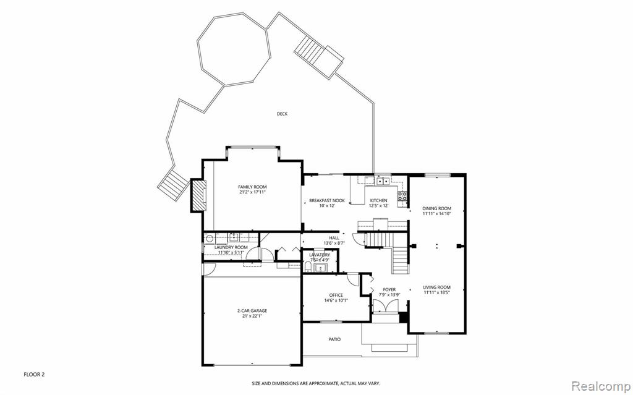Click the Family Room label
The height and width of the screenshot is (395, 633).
click(x=252, y=187)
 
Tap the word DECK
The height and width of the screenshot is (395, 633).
click(x=282, y=114)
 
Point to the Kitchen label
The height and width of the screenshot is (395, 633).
click(x=379, y=200)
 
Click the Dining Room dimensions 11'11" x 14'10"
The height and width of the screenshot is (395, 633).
click(x=436, y=214)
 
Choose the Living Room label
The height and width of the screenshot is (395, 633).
click(x=436, y=287)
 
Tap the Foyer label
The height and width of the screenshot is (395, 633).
click(x=389, y=289)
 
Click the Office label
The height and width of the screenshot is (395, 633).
click(x=336, y=295)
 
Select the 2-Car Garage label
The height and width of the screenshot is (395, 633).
click(x=252, y=311)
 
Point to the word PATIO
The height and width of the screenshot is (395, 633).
click(x=334, y=339)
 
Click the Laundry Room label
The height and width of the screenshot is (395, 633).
click(x=231, y=247)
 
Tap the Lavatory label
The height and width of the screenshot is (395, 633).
click(x=320, y=255)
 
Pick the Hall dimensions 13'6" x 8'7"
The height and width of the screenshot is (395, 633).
click(x=334, y=243)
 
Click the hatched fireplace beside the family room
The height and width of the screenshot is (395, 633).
click(x=198, y=196)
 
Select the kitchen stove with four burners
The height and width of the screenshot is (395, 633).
click(x=402, y=197)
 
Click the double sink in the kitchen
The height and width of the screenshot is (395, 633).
click(x=382, y=181)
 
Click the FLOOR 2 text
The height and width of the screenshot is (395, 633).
click(x=35, y=375)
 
